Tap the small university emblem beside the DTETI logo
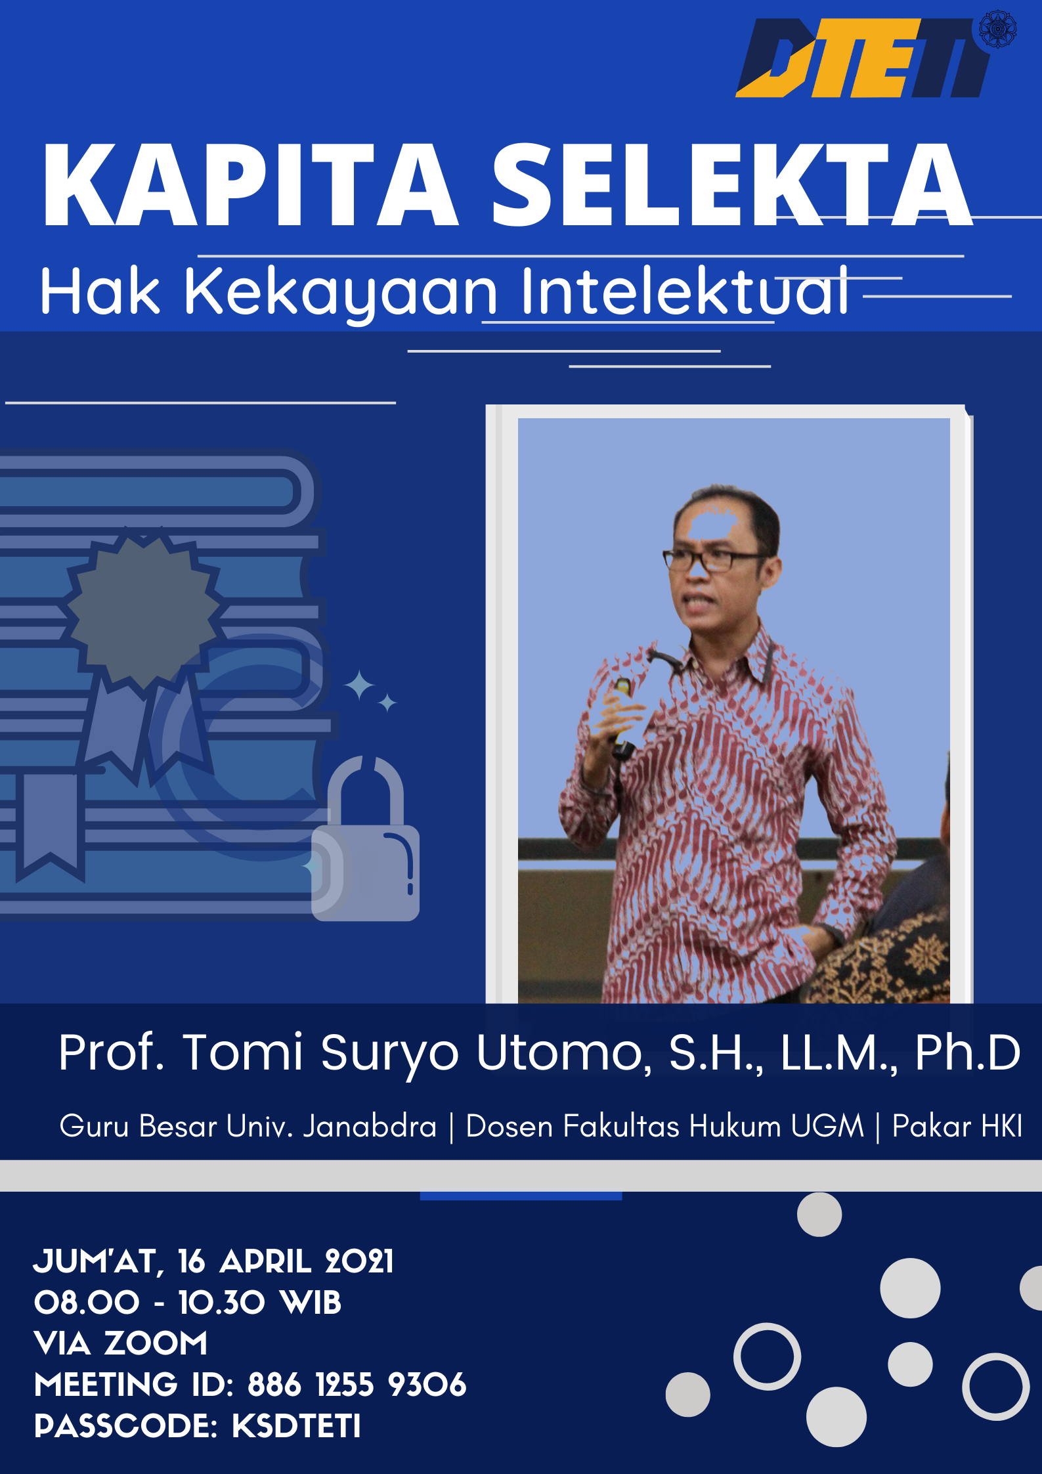coord(997,29)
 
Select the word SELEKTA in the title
coord(732,186)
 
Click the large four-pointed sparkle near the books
coord(360,686)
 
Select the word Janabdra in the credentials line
coord(370,1126)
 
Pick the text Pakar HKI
coord(957,1126)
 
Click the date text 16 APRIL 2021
coord(286,1261)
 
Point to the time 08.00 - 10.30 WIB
coord(188,1303)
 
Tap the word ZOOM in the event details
coord(156,1343)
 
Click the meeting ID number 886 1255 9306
coord(357,1385)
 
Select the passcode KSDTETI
coord(296,1425)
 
